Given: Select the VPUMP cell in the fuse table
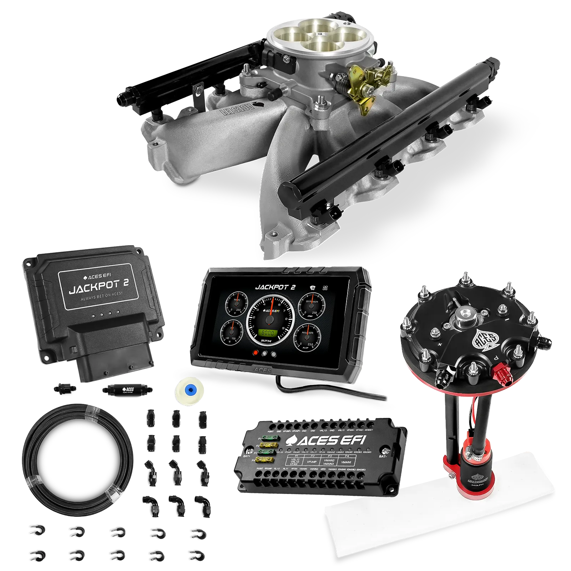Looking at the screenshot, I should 312,461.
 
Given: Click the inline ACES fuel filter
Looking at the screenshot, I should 128,389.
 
